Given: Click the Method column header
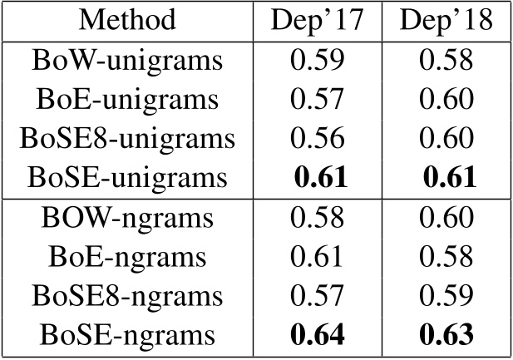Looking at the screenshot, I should point(128,19).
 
